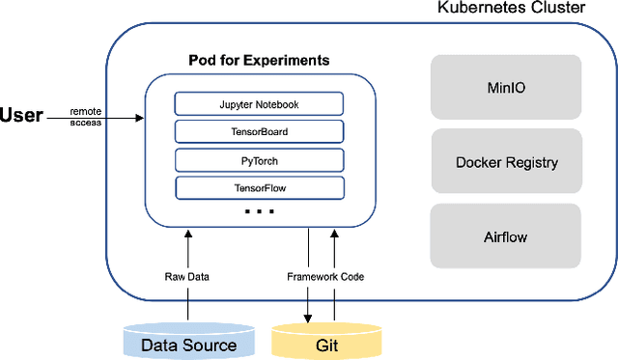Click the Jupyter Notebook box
coord(259,103)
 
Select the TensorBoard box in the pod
coord(259,131)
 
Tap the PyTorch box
coord(259,159)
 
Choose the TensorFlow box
coord(259,187)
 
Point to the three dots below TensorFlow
coord(259,210)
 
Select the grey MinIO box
coord(506,87)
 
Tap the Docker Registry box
coord(506,162)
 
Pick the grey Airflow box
coord(506,236)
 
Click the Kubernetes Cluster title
coord(512,9)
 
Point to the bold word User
coord(22,116)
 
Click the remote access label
coord(85,117)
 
